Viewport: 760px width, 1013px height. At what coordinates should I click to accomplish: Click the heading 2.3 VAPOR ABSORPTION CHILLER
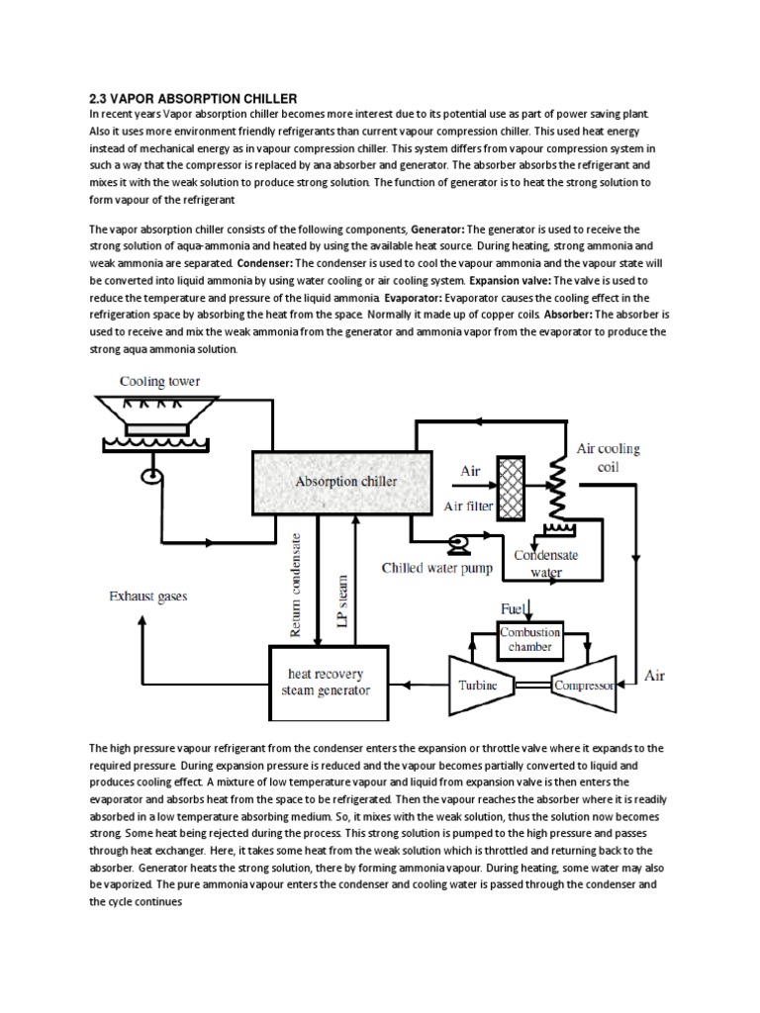pos(193,98)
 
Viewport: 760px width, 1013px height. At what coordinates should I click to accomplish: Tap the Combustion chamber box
pos(530,639)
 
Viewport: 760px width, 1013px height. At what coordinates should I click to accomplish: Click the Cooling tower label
pos(160,381)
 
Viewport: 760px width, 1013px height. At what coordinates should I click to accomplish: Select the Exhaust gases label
pos(147,597)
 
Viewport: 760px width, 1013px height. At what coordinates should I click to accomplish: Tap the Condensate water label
pos(546,563)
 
